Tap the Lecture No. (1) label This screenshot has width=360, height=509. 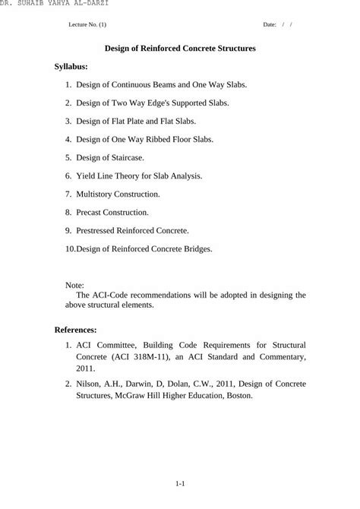click(87, 24)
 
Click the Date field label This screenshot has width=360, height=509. click(269, 24)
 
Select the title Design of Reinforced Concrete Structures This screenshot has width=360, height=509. click(180, 48)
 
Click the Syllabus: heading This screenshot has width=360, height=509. click(71, 67)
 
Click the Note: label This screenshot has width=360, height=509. click(75, 285)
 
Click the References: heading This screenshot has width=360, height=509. click(75, 330)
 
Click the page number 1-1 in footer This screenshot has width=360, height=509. click(180, 483)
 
